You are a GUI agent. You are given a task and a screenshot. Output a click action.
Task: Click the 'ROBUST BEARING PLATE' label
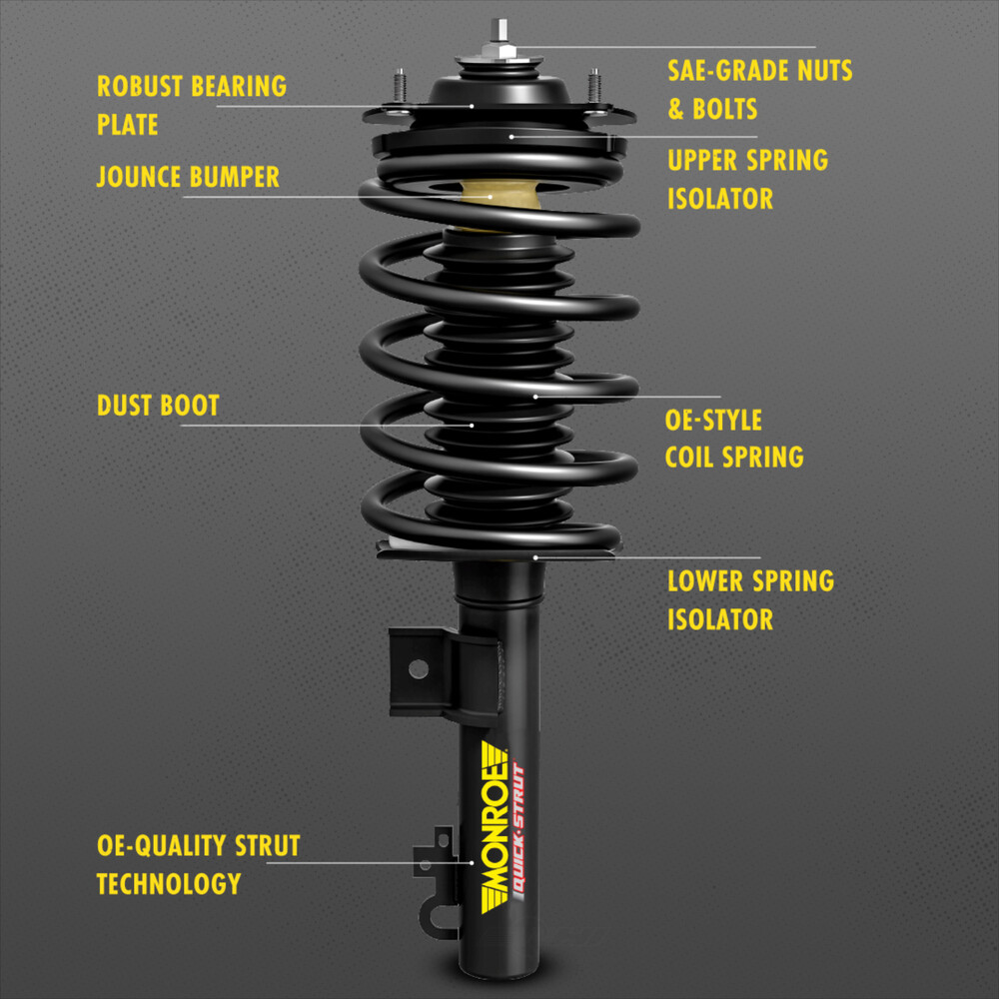191,104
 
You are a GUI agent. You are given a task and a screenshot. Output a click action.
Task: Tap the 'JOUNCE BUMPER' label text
188,178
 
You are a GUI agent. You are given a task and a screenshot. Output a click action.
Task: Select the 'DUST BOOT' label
158,406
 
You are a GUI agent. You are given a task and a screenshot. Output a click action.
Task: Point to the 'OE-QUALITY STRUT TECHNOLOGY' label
198,864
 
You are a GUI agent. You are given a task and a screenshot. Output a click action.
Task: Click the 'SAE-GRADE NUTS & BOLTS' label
759,89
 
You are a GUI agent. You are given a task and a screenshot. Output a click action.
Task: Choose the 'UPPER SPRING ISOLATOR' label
747,179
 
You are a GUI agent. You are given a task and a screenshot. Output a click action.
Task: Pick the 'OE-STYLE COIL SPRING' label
734,438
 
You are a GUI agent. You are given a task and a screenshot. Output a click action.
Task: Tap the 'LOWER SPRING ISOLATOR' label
750,599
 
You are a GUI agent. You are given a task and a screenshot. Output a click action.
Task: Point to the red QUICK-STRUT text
517,828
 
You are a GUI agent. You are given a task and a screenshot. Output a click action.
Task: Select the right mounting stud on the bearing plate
593,86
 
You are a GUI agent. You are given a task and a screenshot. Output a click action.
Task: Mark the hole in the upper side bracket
418,667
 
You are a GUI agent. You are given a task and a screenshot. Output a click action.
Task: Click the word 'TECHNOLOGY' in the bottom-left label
169,883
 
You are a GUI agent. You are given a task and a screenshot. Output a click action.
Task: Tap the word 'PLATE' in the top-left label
127,124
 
